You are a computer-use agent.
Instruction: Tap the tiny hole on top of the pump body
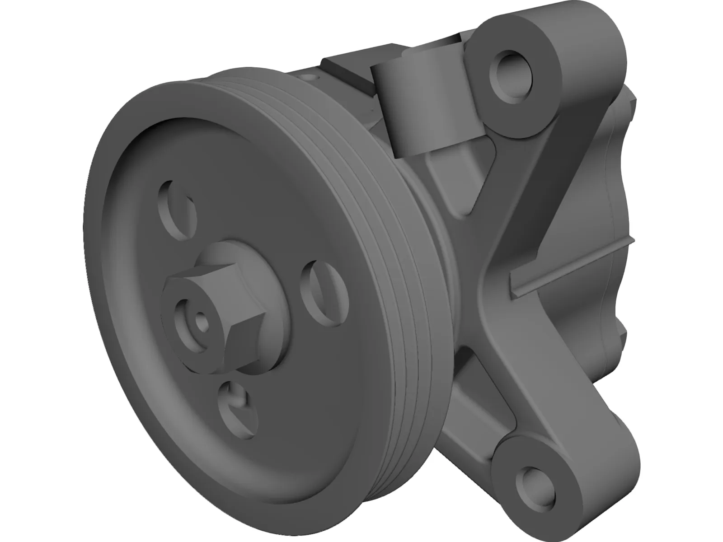[x=309, y=78]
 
